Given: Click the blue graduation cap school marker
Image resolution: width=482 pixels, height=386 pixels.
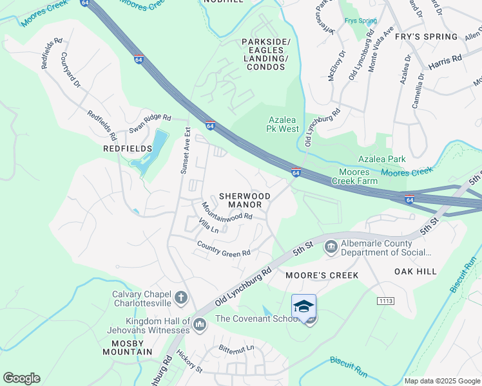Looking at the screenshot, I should tap(304, 306).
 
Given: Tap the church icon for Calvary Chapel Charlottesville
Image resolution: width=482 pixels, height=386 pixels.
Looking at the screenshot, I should tap(181, 297).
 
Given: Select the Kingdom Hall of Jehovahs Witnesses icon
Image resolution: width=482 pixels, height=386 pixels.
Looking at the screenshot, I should tap(200, 324).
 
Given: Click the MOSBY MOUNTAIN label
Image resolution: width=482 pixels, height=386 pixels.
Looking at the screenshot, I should tap(128, 347).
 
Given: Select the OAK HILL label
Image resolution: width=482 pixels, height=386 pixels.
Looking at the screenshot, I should tap(416, 272).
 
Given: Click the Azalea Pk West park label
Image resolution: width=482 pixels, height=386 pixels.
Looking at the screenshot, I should tap(283, 124).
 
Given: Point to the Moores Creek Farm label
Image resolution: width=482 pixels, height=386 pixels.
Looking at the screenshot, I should tap(354, 177).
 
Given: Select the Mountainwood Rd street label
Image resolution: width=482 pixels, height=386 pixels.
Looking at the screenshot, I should tap(226, 213).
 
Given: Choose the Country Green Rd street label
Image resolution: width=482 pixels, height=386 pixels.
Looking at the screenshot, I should tap(223, 249).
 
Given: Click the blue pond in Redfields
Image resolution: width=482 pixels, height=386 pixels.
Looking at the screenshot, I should tap(155, 145).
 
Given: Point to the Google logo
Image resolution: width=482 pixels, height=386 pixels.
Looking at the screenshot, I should tap(21, 378).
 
